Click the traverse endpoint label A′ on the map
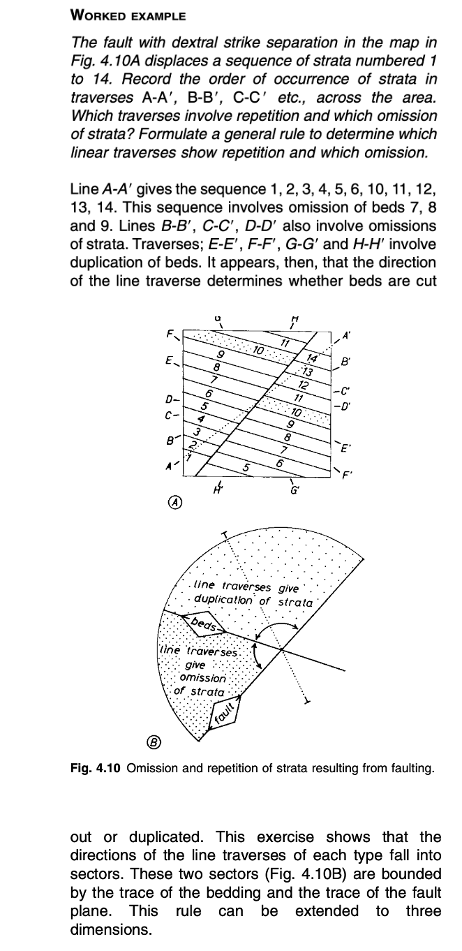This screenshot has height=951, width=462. pos(343,338)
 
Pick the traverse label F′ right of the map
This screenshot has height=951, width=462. pos(344,473)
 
